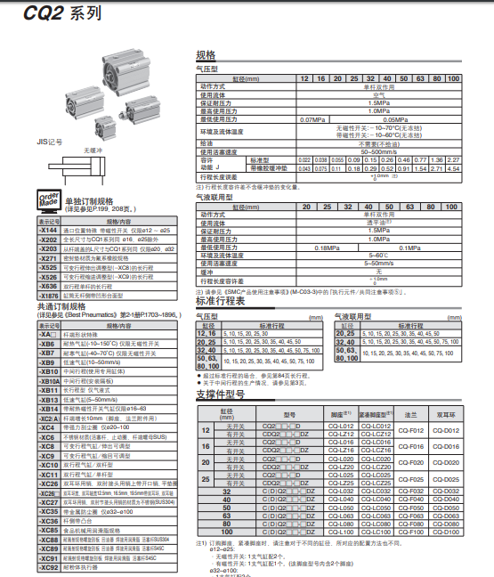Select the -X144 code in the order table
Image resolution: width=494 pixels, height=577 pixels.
tap(48, 231)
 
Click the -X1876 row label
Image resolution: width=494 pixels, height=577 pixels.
tap(48, 295)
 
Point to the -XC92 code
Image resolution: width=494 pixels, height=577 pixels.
tap(48, 566)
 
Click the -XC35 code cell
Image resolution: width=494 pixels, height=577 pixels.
tap(48, 512)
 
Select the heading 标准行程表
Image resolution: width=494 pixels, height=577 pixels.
tap(220, 302)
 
